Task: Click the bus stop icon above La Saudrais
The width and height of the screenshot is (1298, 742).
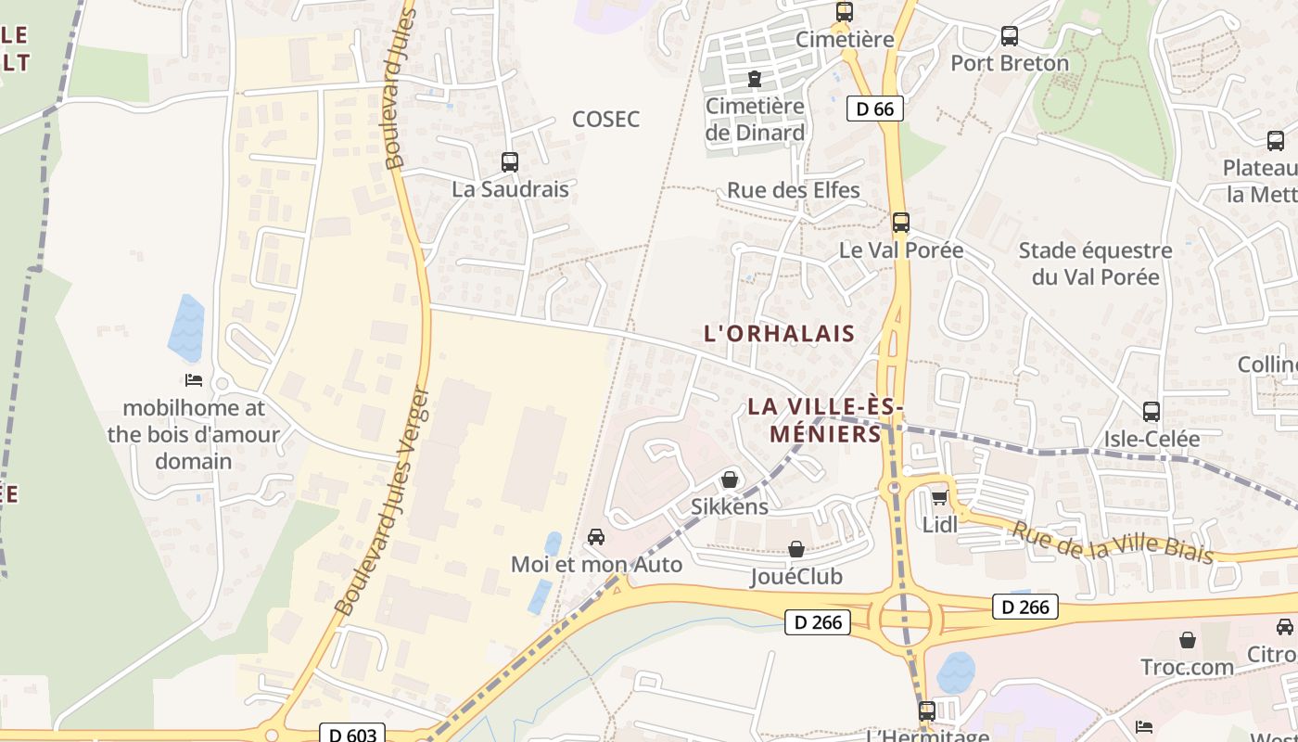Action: (509, 162)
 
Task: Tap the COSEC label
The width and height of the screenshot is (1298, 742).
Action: (605, 119)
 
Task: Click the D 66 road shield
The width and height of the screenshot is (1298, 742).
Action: (874, 109)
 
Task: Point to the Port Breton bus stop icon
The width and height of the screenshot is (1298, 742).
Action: (1009, 37)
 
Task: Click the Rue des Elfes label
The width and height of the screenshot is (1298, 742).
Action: (793, 190)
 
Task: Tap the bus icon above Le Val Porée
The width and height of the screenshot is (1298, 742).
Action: (900, 223)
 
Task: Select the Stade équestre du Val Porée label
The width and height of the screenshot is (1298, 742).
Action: (1095, 263)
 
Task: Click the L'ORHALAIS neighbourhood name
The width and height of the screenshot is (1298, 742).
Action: (779, 333)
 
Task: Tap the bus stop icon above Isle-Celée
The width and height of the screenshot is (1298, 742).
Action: (1151, 412)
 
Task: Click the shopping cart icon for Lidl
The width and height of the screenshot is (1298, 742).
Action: (939, 498)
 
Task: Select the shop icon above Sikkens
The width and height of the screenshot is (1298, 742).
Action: (730, 480)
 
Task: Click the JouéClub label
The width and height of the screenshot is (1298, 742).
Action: (795, 576)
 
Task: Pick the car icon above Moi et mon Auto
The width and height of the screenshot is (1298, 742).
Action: (596, 537)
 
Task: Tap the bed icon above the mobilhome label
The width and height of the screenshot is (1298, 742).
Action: (193, 380)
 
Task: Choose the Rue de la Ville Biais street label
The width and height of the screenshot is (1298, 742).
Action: (1111, 543)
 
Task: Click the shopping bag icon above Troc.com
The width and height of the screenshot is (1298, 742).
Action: (1187, 640)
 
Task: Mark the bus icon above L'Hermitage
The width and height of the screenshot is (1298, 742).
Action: (926, 711)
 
